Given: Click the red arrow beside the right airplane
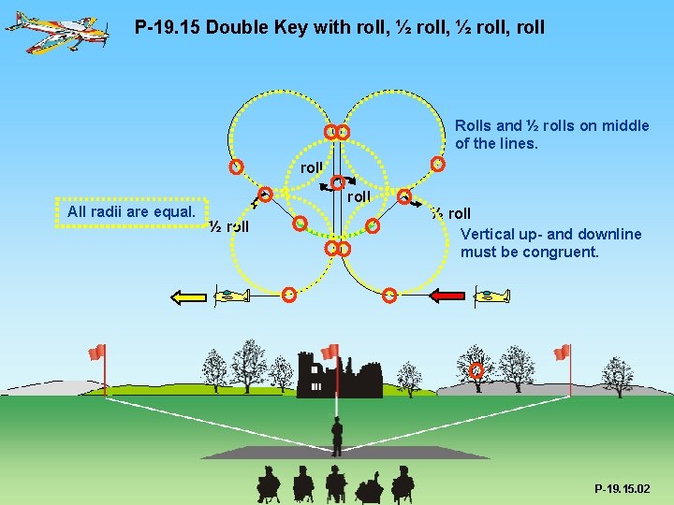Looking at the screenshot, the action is pyautogui.click(x=447, y=296).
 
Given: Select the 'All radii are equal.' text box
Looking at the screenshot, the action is pyautogui.click(x=131, y=212).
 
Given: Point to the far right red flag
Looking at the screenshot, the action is pyautogui.click(x=562, y=352).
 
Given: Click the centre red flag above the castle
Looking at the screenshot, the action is pyautogui.click(x=330, y=352).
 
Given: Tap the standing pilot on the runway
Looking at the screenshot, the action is pyautogui.click(x=337, y=436).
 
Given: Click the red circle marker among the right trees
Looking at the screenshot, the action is pyautogui.click(x=476, y=371).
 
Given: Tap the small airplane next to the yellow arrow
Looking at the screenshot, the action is pyautogui.click(x=232, y=296).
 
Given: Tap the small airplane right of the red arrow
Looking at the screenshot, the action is pyautogui.click(x=491, y=296).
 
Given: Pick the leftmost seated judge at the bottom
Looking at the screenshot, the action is pyautogui.click(x=269, y=483).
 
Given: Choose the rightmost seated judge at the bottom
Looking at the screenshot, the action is pyautogui.click(x=403, y=483).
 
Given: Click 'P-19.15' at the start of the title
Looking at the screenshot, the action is pyautogui.click(x=168, y=27).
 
